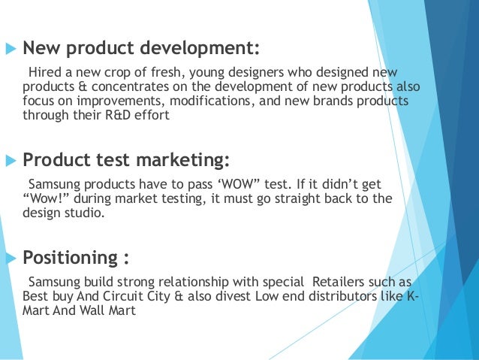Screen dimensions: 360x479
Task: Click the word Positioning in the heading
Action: coord(69,259)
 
